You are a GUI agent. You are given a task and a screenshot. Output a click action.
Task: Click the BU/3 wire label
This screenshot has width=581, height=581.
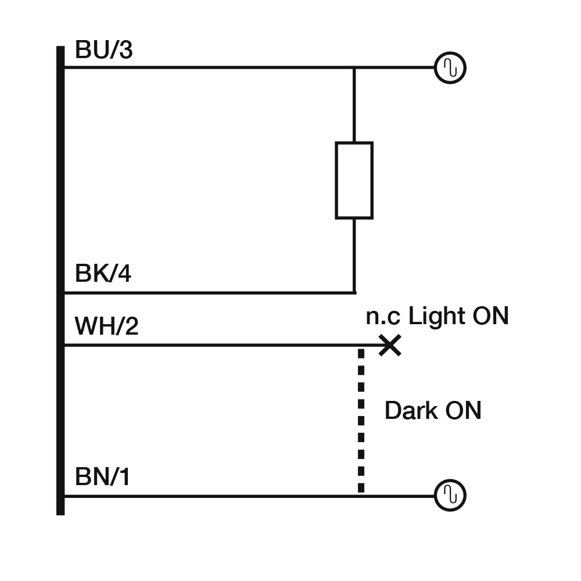click(x=103, y=51)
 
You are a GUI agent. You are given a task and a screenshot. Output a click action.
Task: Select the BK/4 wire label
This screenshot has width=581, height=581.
click(x=103, y=273)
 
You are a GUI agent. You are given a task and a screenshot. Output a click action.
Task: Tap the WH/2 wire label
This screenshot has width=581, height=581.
click(x=106, y=327)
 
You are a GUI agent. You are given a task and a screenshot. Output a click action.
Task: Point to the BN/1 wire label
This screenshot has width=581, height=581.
click(x=102, y=478)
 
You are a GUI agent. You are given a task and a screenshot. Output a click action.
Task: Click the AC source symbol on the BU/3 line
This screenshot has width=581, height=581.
click(x=450, y=68)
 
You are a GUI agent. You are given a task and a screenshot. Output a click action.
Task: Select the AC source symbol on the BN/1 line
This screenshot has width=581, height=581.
click(x=450, y=496)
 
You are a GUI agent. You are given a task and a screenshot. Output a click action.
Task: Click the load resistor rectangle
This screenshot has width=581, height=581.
click(x=354, y=180)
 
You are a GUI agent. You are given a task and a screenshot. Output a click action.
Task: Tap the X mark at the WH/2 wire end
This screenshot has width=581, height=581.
click(x=390, y=346)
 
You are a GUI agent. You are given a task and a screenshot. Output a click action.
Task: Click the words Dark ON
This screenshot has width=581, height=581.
click(x=433, y=411)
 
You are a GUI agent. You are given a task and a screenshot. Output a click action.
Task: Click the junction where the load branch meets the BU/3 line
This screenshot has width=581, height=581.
click(x=354, y=68)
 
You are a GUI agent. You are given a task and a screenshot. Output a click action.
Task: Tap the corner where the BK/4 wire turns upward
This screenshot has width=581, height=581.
click(x=354, y=292)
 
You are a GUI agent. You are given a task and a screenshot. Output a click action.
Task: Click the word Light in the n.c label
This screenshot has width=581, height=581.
click(x=432, y=317)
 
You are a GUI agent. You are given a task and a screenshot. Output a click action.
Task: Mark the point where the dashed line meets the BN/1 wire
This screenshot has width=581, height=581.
click(x=361, y=496)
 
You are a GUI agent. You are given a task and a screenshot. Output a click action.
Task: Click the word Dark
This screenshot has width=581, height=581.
click(x=411, y=411)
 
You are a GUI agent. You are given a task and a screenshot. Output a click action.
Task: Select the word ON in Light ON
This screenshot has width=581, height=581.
click(x=490, y=317)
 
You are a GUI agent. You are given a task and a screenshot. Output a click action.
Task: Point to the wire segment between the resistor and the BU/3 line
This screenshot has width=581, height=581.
click(x=354, y=105)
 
